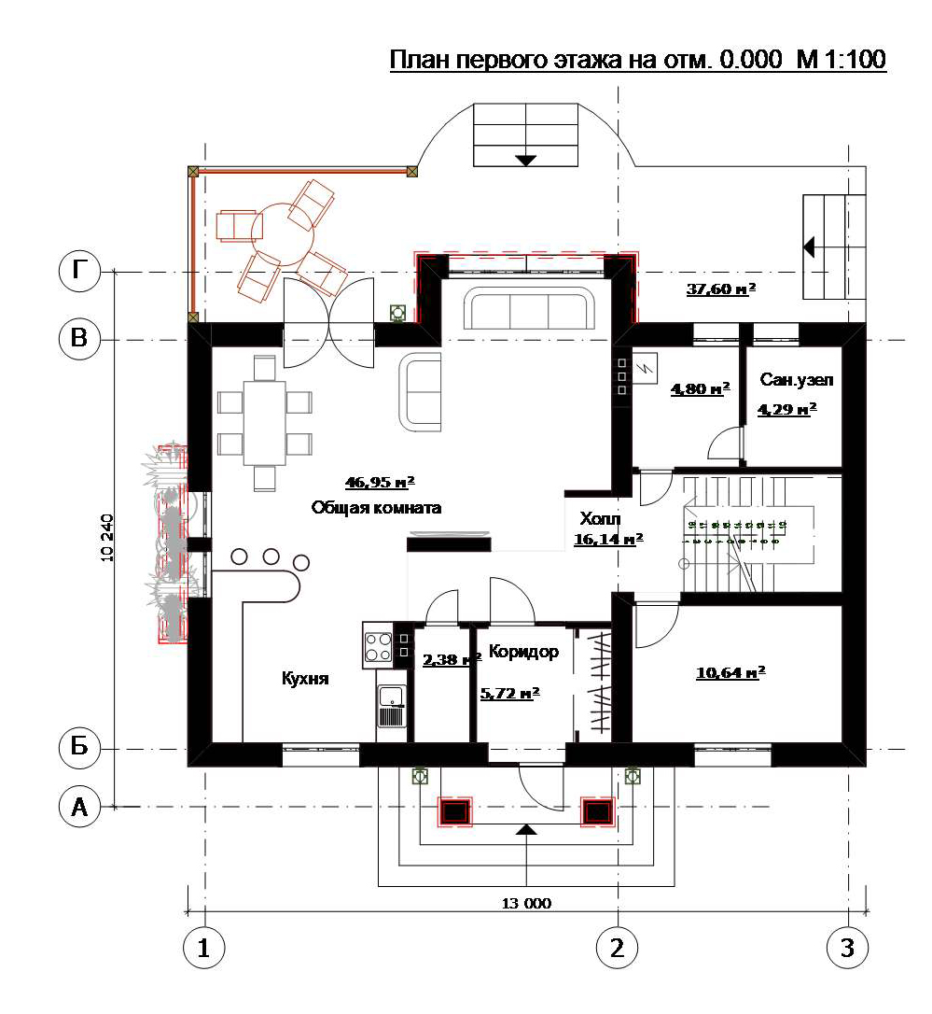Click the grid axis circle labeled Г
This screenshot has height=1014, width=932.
(x=79, y=272)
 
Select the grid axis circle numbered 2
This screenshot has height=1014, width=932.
(x=617, y=948)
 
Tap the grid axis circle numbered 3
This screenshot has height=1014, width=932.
(x=847, y=948)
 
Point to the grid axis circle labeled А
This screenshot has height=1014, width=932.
(x=79, y=807)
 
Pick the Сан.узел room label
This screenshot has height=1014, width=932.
(x=796, y=380)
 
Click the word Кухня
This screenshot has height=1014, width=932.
(x=305, y=679)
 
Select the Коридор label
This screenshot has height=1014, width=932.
(x=523, y=652)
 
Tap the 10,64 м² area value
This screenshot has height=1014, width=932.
(x=730, y=671)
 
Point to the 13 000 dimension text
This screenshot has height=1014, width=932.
(x=527, y=903)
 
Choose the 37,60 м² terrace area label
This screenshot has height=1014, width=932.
(x=721, y=289)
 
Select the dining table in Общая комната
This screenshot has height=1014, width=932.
(x=264, y=422)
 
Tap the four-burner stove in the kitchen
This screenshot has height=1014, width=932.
(x=378, y=645)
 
